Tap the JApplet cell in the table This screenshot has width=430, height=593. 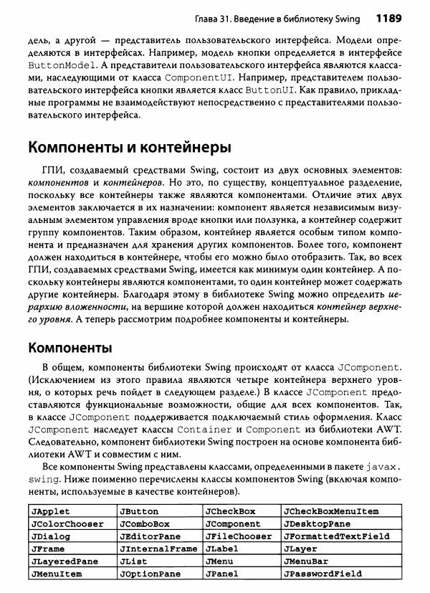(x=48, y=511)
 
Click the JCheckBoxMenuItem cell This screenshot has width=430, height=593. (x=330, y=511)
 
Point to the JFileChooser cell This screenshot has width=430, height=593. (x=238, y=536)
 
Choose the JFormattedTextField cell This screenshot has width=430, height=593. (x=336, y=536)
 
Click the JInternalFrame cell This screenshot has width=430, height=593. (x=158, y=549)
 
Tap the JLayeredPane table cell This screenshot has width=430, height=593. (x=64, y=561)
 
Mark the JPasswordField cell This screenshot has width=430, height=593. (x=322, y=574)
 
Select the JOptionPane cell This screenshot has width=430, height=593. (x=150, y=574)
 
